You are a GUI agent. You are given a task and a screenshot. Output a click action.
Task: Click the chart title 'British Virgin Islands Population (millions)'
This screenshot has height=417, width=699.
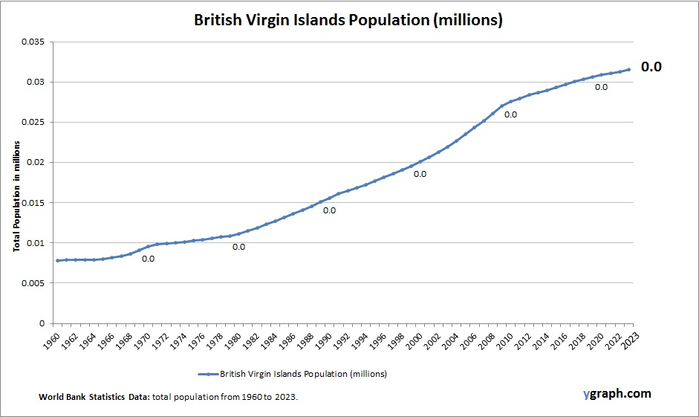(x=348, y=20)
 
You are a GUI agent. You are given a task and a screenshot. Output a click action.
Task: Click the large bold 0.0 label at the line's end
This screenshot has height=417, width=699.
(x=651, y=67)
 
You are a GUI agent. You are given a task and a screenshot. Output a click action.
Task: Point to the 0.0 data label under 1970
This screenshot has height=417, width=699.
(x=148, y=259)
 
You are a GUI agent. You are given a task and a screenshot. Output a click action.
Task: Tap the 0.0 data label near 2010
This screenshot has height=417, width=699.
(x=511, y=114)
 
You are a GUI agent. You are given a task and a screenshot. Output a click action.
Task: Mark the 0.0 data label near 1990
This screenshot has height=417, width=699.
(x=329, y=210)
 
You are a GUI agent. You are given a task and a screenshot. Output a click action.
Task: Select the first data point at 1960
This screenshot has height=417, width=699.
(x=57, y=260)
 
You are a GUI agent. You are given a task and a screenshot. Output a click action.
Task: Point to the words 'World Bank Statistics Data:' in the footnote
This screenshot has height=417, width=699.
(x=94, y=398)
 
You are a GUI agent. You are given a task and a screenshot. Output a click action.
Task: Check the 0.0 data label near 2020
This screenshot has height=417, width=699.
(x=602, y=87)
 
